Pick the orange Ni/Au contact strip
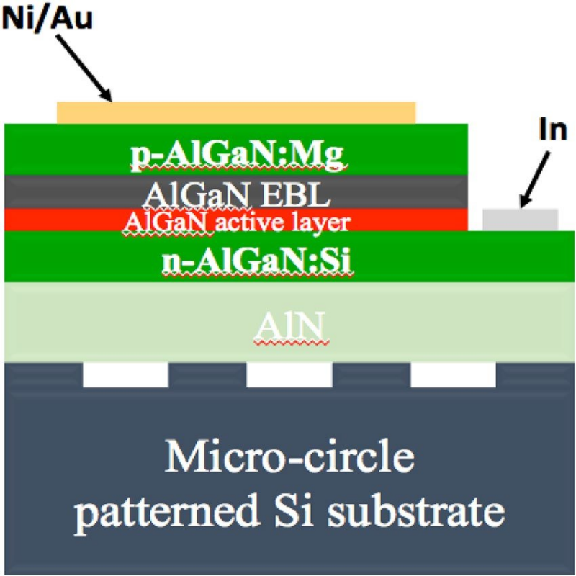[236, 112]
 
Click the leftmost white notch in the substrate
[125, 375]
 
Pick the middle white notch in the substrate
[289, 375]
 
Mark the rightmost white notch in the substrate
[453, 375]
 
